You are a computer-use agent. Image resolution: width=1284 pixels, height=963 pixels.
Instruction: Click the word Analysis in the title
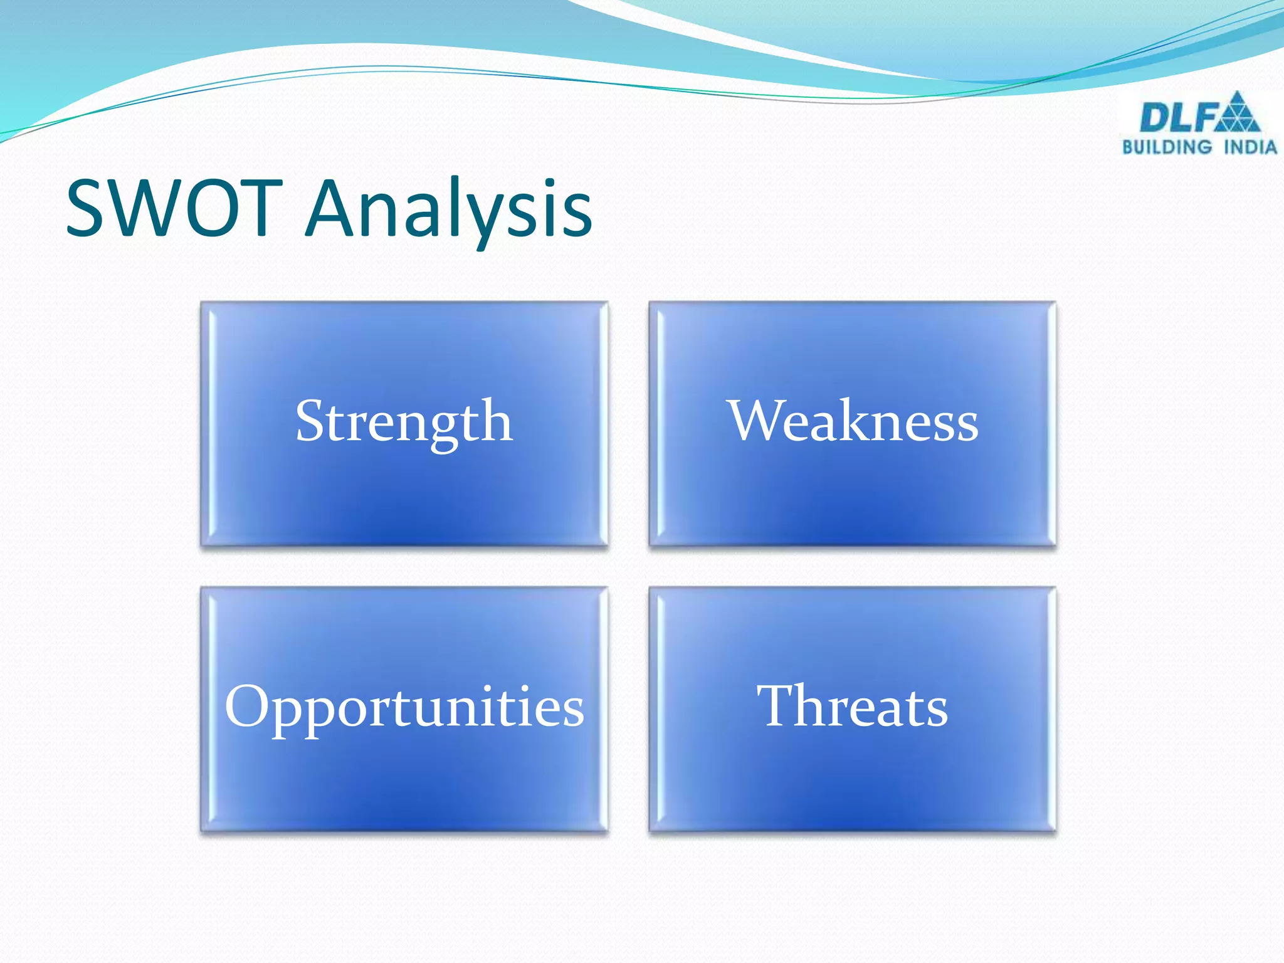coord(448,210)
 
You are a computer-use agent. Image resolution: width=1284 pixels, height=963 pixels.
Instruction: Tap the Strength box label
coord(404,422)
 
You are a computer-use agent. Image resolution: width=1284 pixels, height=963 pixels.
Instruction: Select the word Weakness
coord(853,422)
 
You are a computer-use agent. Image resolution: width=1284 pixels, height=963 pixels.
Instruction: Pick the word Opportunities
coord(404,707)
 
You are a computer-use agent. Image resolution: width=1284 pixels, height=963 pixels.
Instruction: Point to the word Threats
coord(853,707)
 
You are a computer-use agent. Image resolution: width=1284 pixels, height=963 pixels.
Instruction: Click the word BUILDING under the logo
coord(1167,147)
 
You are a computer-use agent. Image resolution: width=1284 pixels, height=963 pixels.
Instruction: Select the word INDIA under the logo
coord(1251,147)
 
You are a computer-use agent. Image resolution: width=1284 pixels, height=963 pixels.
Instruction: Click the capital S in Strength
coord(310,421)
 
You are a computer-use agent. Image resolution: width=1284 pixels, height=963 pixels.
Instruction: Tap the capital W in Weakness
coord(757,421)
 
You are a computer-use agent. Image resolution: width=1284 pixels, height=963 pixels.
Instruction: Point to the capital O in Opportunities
coord(247,707)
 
